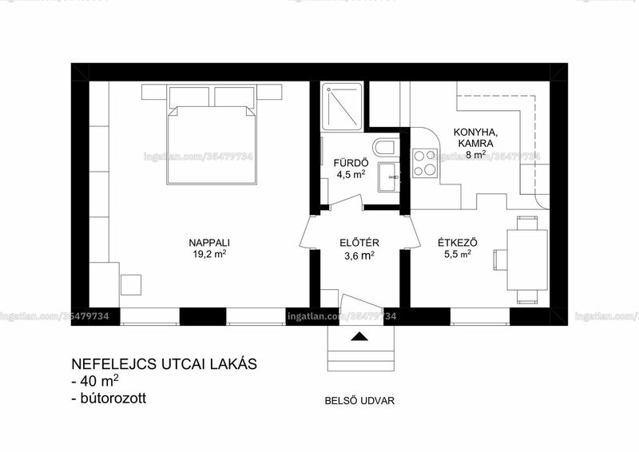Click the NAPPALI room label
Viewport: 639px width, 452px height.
point(209,243)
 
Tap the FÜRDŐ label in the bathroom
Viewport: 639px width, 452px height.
point(351,163)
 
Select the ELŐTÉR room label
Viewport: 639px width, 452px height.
point(359,243)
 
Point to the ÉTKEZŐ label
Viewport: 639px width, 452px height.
point(458,243)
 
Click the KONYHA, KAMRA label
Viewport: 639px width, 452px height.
point(475,138)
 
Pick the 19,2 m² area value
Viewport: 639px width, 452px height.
point(209,254)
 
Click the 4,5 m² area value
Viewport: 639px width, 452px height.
point(351,174)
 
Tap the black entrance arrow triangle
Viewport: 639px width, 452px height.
point(359,337)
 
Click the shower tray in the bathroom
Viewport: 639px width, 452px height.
point(341,106)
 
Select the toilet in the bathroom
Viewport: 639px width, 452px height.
point(386,148)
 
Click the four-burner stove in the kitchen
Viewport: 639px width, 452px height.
point(425,164)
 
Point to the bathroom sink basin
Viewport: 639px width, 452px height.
point(389,177)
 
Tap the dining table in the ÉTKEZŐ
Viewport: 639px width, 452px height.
point(527,260)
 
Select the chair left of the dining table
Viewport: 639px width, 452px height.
point(500,260)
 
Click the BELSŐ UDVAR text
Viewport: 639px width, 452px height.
point(359,401)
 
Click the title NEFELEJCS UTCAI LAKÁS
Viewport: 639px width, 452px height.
point(165,363)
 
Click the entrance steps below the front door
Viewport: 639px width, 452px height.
point(361,348)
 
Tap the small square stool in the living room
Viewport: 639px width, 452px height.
point(131,285)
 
